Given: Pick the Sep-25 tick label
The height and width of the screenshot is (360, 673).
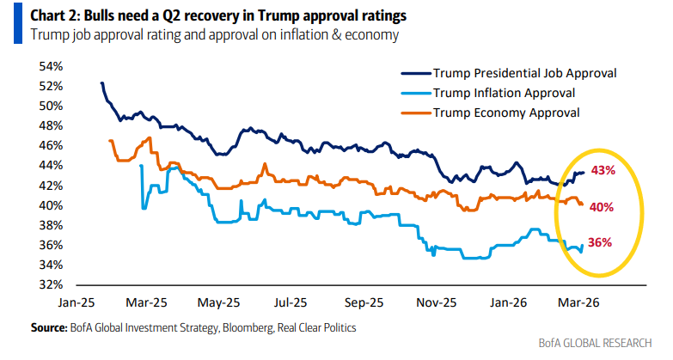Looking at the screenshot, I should pyautogui.click(x=364, y=302).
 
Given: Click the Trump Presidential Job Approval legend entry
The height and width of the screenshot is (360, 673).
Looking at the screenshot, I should pyautogui.click(x=525, y=73).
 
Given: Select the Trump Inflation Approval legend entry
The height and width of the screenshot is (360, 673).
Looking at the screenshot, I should pyautogui.click(x=504, y=93).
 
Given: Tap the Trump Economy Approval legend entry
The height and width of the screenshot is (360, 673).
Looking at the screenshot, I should pyautogui.click(x=506, y=113).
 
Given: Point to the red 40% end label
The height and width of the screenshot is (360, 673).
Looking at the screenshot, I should pyautogui.click(x=601, y=206).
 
